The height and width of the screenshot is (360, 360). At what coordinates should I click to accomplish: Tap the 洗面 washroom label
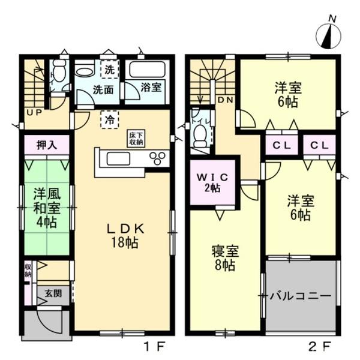pos(103,91)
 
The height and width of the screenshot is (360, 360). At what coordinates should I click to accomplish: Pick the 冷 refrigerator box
pos(109,119)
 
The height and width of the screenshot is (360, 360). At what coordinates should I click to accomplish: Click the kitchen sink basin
pos(118,159)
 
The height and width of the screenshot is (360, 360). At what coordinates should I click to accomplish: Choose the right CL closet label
pos(319,145)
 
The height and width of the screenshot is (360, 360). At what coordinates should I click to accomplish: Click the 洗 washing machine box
pos(109,70)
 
